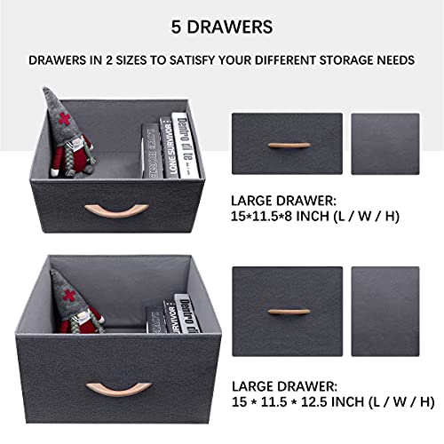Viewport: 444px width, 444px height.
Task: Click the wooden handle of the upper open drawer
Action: (99, 212)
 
